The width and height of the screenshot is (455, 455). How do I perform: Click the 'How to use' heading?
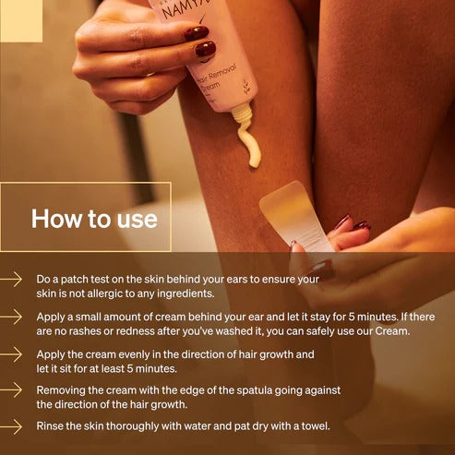point(94,219)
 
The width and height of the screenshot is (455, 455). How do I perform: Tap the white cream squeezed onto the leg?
point(249,147)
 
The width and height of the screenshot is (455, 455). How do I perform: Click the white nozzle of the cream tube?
point(241,114)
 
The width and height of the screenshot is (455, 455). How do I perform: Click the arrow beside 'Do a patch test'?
point(12,278)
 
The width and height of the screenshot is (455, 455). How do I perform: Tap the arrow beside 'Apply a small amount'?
point(12,316)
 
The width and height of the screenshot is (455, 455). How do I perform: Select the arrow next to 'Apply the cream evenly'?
point(12,353)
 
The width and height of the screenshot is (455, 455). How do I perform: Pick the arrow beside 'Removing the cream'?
point(12,390)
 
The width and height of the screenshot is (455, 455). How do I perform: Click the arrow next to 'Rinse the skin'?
point(12,426)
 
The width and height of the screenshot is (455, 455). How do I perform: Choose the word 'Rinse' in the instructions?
point(53,426)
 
